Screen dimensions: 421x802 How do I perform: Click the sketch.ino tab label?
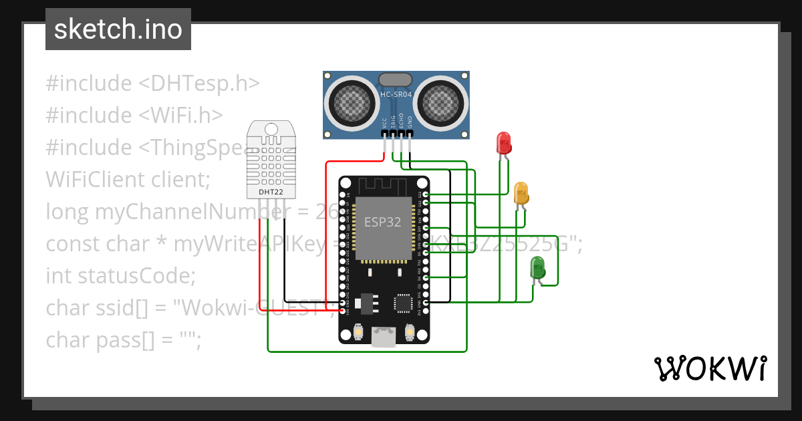click(x=118, y=29)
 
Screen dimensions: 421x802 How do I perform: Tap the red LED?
click(x=504, y=143)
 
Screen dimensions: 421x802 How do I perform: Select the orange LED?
click(x=521, y=193)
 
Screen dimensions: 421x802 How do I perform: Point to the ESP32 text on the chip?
click(x=383, y=222)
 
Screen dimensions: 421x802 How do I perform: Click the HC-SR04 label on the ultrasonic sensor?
click(x=396, y=95)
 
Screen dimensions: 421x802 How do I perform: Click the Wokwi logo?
click(x=710, y=368)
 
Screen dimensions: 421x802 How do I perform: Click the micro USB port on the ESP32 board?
click(x=384, y=337)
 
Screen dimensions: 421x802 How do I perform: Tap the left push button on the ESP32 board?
click(x=359, y=331)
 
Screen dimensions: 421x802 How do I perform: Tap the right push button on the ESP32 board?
click(x=409, y=331)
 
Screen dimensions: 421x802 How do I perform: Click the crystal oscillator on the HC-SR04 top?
click(x=396, y=80)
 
